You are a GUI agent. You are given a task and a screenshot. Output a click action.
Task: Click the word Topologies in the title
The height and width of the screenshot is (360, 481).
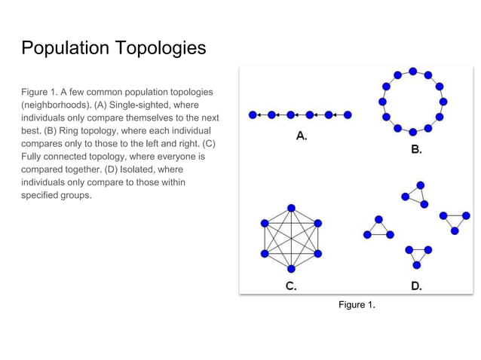[161, 49]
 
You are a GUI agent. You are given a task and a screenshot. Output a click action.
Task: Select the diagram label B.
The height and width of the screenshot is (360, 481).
[416, 150]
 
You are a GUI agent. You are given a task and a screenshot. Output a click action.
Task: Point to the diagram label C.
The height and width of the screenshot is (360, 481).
[291, 285]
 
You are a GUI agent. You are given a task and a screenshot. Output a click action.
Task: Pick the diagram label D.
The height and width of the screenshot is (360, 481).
[416, 285]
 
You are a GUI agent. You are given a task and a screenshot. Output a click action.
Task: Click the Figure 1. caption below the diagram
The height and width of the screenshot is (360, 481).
[357, 304]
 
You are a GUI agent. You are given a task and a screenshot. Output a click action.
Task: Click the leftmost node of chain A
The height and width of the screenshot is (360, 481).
[252, 115]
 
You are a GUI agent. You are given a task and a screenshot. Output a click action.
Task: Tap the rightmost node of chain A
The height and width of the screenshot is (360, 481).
[348, 115]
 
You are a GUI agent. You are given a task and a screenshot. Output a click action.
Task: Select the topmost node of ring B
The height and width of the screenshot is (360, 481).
[413, 72]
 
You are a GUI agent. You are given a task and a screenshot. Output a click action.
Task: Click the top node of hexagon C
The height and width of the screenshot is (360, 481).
[291, 207]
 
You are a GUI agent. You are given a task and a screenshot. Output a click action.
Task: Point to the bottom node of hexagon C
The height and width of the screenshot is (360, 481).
[291, 269]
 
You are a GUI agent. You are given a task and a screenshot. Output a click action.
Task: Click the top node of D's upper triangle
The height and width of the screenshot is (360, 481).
[420, 185]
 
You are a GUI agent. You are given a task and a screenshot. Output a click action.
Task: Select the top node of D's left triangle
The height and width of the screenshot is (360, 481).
[378, 219]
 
